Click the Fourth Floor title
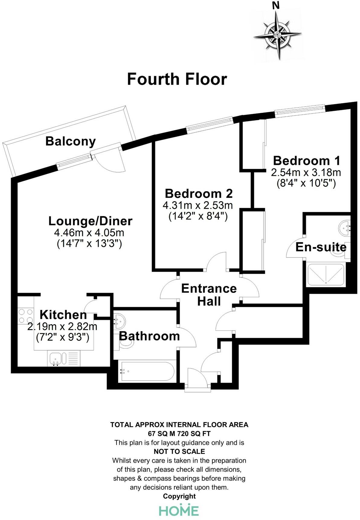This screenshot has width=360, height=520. [177, 79]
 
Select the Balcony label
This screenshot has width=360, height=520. [70, 141]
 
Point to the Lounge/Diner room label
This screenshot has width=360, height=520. [90, 221]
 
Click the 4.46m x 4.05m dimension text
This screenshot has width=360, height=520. [89, 233]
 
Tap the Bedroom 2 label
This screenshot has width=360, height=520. [199, 193]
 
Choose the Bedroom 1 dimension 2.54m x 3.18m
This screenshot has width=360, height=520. [306, 173]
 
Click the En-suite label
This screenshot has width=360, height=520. [321, 247]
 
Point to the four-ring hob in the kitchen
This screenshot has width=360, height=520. [25, 316]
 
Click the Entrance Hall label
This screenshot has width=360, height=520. [209, 295]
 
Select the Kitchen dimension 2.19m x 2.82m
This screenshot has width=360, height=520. [62, 327]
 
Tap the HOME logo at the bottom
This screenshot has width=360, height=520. [179, 510]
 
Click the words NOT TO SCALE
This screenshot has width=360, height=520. [179, 451]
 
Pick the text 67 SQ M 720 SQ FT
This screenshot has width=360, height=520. [179, 434]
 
